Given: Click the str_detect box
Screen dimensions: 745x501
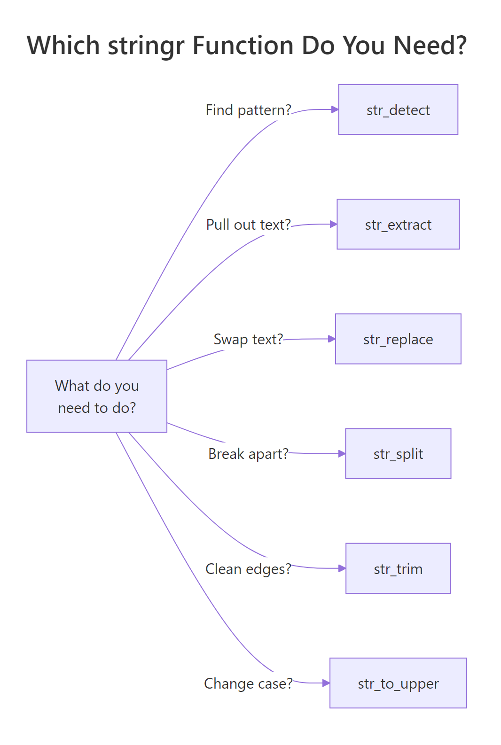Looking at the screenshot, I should coord(398,109).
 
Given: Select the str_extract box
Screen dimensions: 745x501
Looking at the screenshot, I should coord(398,224).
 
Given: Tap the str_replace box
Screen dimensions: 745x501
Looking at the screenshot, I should coord(398,339).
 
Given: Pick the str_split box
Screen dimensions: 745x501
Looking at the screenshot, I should coord(398,453).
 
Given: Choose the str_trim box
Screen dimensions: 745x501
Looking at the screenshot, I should coord(398,568).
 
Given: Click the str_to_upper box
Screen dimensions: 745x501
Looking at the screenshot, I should coord(398,683).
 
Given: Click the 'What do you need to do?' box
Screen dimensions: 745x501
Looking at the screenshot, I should coord(97,396).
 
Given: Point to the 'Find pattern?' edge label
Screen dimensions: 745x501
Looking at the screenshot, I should coord(248,110).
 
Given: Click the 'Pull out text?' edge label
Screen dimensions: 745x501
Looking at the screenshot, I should coord(248,225).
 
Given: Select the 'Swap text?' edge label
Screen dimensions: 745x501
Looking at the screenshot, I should coord(248,339).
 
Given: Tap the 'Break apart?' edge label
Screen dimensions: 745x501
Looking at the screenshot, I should coord(248,454).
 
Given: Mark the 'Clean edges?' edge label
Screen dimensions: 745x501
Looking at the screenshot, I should coord(248,569).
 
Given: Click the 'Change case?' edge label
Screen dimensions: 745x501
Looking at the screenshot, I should coord(248,683).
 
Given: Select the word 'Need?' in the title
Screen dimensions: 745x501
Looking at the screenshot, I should coord(430,46).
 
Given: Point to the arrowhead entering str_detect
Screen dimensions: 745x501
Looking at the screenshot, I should coord(335,109).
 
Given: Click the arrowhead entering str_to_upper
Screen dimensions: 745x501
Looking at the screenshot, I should coord(326,683).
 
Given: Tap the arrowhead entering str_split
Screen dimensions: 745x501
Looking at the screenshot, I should coord(342,453).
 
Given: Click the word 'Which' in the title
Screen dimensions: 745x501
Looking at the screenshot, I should coord(63,46).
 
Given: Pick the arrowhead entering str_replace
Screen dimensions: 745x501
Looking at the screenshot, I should coord(332,339).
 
